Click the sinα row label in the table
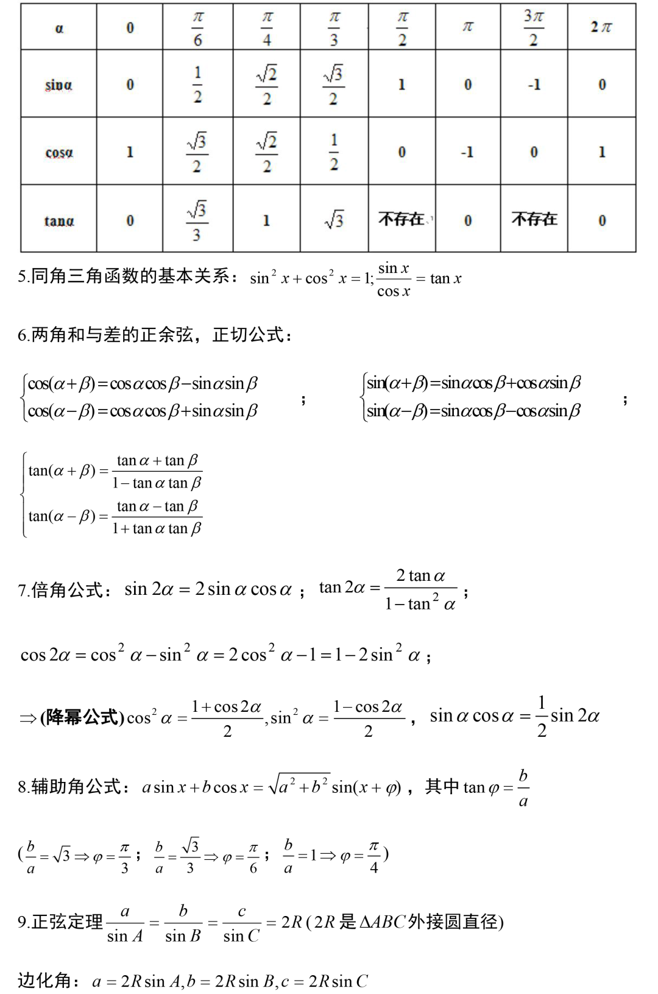coord(58,85)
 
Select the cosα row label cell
coord(58,152)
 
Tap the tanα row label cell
coord(58,221)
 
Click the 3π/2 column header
coord(534,27)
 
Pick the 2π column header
coord(601,27)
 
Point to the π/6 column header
coord(197,27)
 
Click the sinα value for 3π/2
coord(534,85)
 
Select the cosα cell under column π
coord(467,152)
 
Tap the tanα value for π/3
coord(334,219)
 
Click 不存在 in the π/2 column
coord(401,219)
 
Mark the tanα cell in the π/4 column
coord(266,220)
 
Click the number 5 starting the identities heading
coord(22,277)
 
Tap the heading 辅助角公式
coord(76,787)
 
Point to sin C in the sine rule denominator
coord(241,935)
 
